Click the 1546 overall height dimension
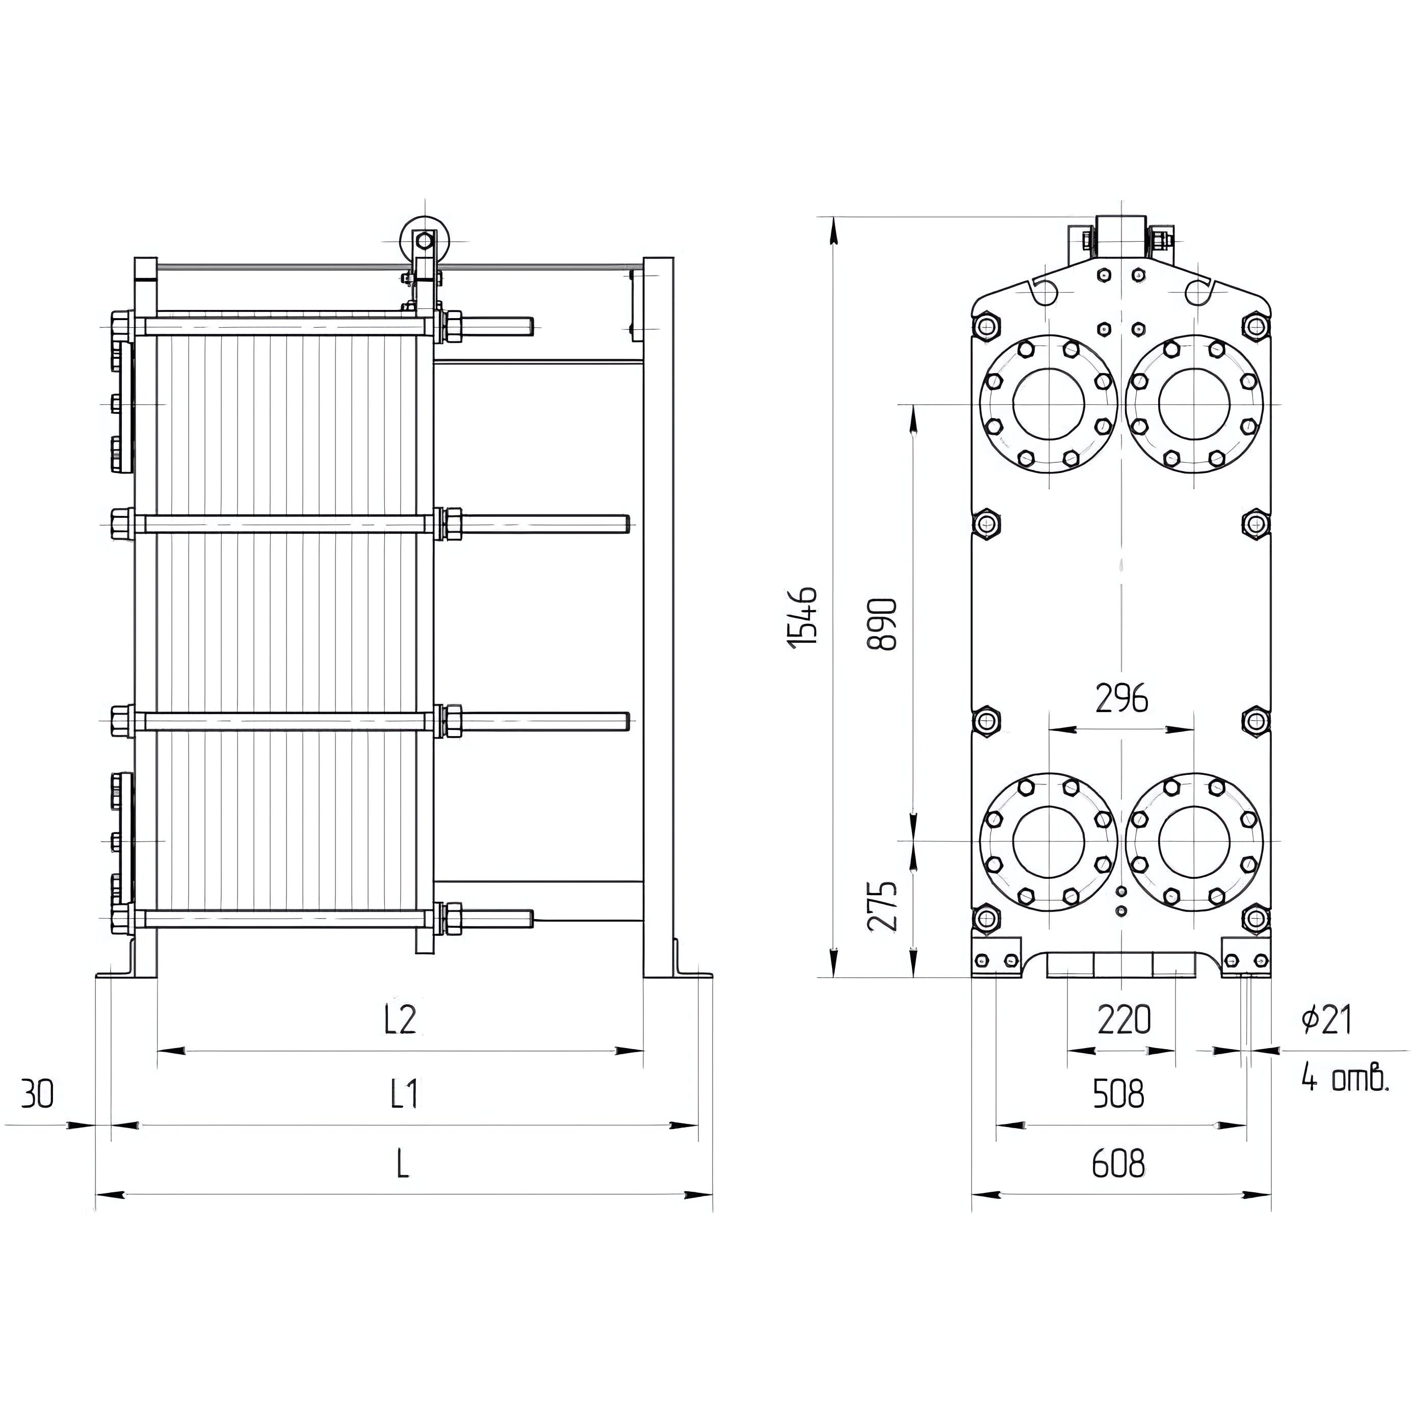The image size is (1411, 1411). pos(803,616)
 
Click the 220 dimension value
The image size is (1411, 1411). pos(1124,1020)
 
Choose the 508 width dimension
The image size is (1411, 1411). pos(1118,1094)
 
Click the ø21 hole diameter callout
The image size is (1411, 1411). pos(1327,1020)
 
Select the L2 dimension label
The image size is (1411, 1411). pos(400,1020)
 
